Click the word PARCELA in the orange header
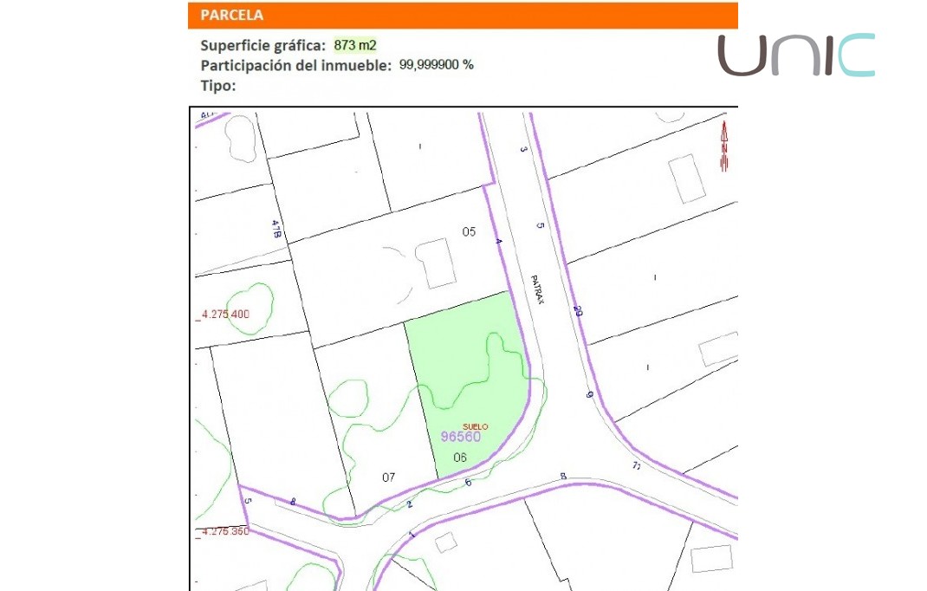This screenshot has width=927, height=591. click(231, 16)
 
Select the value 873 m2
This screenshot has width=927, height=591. click(355, 45)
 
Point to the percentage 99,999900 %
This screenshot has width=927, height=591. click(436, 65)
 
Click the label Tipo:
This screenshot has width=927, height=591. click(218, 85)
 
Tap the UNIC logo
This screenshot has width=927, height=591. click(795, 55)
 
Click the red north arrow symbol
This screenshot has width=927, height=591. click(724, 146)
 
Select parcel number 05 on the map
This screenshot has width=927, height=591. click(469, 231)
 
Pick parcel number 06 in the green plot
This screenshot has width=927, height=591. click(460, 458)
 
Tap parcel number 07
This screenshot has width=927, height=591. click(389, 477)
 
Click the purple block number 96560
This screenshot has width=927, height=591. click(460, 437)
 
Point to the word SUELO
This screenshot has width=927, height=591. click(476, 426)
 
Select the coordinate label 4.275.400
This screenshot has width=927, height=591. click(224, 314)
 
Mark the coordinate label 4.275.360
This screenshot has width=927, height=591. click(224, 531)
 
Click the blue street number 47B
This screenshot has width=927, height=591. click(276, 229)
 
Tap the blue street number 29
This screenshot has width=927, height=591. click(578, 311)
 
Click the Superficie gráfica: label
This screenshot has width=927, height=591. click(263, 45)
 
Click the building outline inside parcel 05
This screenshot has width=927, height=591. click(435, 263)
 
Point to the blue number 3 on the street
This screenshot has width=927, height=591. click(523, 149)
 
